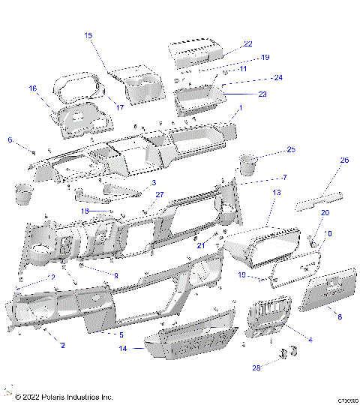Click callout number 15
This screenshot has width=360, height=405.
88,35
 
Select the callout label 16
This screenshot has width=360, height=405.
32,88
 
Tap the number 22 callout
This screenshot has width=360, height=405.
247,44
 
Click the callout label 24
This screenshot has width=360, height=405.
277,77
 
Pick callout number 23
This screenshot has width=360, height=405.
262,94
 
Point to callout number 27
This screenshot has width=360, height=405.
159,195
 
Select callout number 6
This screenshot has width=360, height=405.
10,139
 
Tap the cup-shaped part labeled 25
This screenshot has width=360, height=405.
247,163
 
